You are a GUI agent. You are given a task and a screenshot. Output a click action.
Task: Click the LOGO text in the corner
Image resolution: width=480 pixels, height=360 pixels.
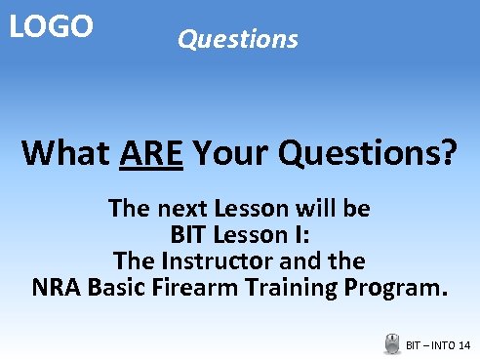click(x=51, y=26)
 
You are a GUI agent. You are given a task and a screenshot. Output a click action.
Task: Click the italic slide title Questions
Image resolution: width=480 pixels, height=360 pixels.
click(x=237, y=39)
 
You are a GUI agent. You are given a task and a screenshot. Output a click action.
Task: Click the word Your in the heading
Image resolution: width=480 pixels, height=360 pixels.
click(x=233, y=153)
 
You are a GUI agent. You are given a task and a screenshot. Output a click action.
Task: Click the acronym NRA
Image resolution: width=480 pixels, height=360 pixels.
click(x=57, y=288)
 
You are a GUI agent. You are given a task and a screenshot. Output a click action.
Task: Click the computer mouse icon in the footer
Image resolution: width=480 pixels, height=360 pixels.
click(x=392, y=343)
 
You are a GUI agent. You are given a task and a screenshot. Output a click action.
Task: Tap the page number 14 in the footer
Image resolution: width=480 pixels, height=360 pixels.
click(x=462, y=345)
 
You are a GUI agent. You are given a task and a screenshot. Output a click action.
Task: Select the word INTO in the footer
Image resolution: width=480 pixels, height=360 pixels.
click(x=440, y=345)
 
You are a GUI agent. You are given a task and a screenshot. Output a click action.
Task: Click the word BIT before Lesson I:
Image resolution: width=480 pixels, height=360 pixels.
click(x=189, y=235)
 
